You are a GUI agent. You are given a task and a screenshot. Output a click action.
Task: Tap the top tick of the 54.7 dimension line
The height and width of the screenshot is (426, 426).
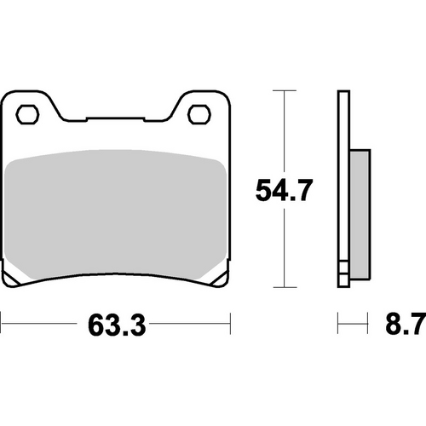coord(282,89)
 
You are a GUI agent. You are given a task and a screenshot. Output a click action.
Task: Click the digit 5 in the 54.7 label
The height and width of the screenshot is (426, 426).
coord(266,191)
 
